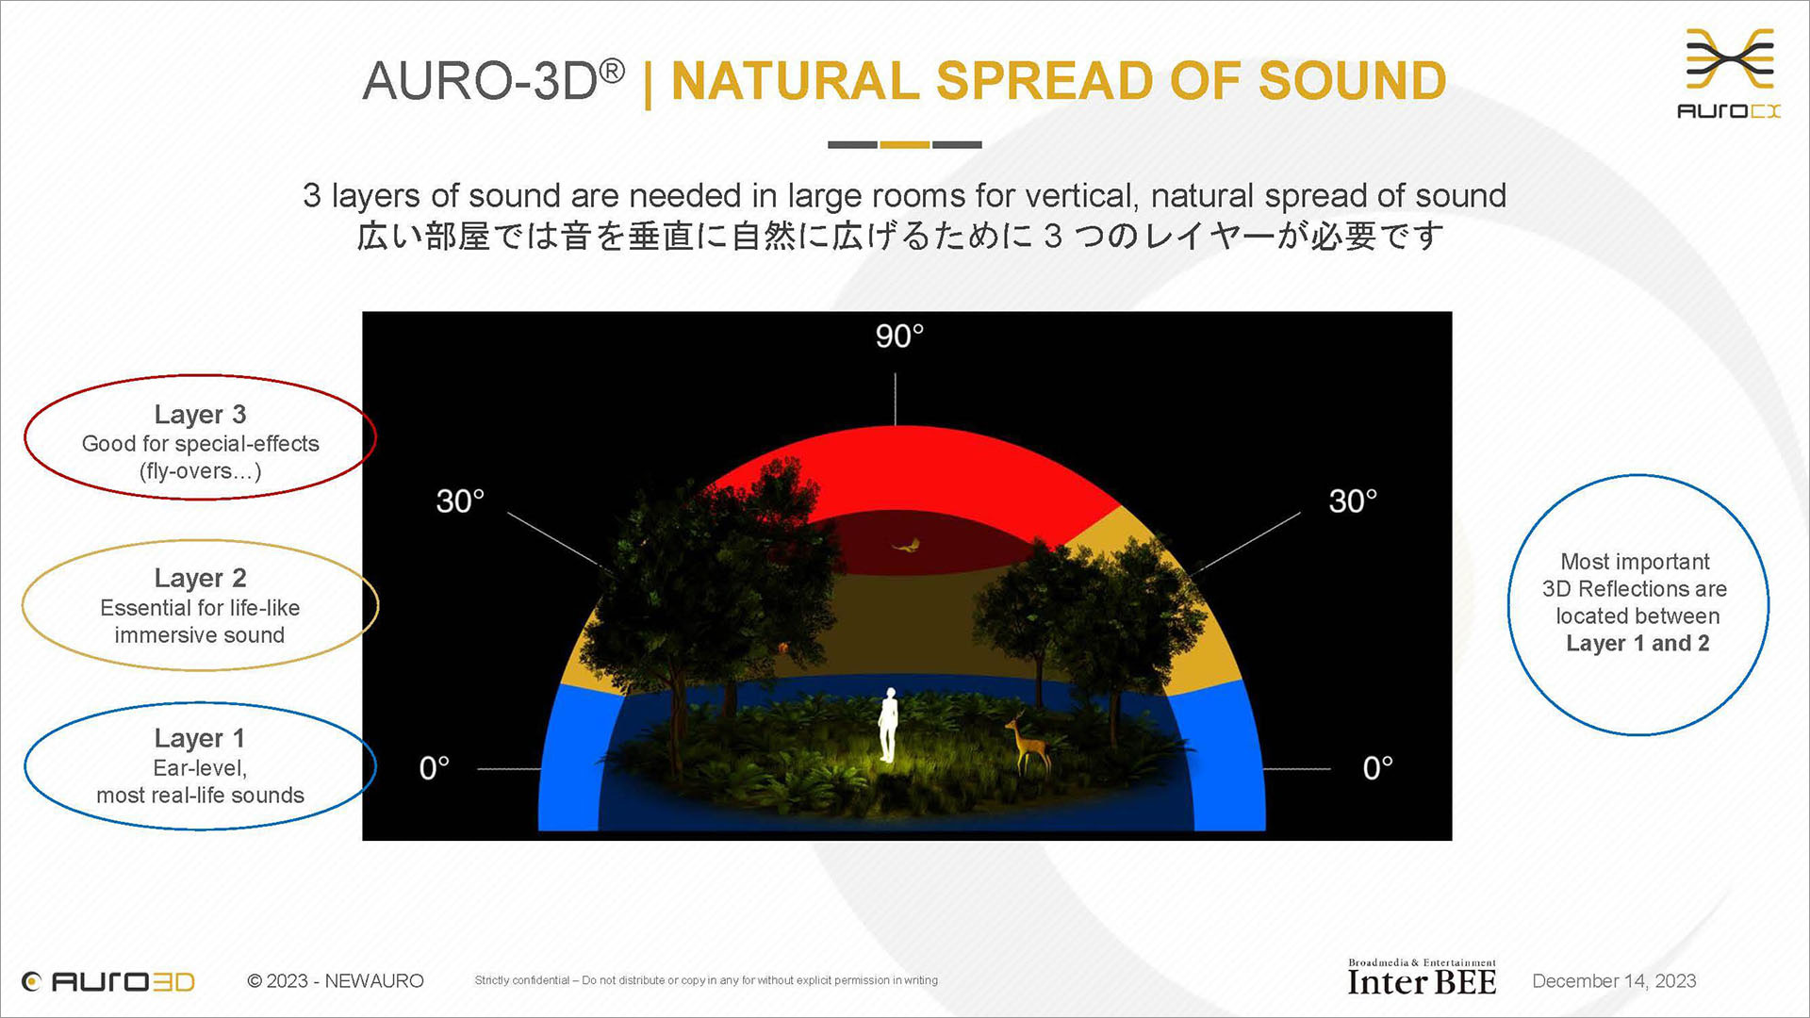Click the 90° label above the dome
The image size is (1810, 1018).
pyautogui.click(x=899, y=337)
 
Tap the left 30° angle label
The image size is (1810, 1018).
pyautogui.click(x=460, y=501)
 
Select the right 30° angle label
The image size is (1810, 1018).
pyautogui.click(x=1353, y=501)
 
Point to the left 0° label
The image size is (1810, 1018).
pyautogui.click(x=435, y=768)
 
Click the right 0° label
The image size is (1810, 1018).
pyautogui.click(x=1378, y=768)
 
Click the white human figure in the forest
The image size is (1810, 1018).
pyautogui.click(x=888, y=725)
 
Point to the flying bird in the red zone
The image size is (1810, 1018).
pyautogui.click(x=908, y=545)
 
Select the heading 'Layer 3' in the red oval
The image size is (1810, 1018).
pyautogui.click(x=200, y=415)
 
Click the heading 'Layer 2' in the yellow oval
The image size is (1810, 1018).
pyautogui.click(x=200, y=578)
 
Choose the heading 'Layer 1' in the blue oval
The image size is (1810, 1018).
pyautogui.click(x=200, y=738)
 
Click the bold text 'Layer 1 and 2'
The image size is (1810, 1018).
pyautogui.click(x=1637, y=644)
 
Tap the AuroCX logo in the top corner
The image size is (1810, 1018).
pyautogui.click(x=1730, y=74)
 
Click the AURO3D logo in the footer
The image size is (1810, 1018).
pyautogui.click(x=108, y=981)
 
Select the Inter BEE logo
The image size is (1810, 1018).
pyautogui.click(x=1422, y=977)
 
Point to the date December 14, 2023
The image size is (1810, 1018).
pyautogui.click(x=1614, y=981)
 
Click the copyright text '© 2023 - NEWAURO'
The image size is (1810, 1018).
pyautogui.click(x=336, y=981)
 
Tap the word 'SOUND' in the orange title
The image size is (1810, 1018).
pyautogui.click(x=1352, y=81)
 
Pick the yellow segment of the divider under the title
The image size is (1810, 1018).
pyautogui.click(x=905, y=144)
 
